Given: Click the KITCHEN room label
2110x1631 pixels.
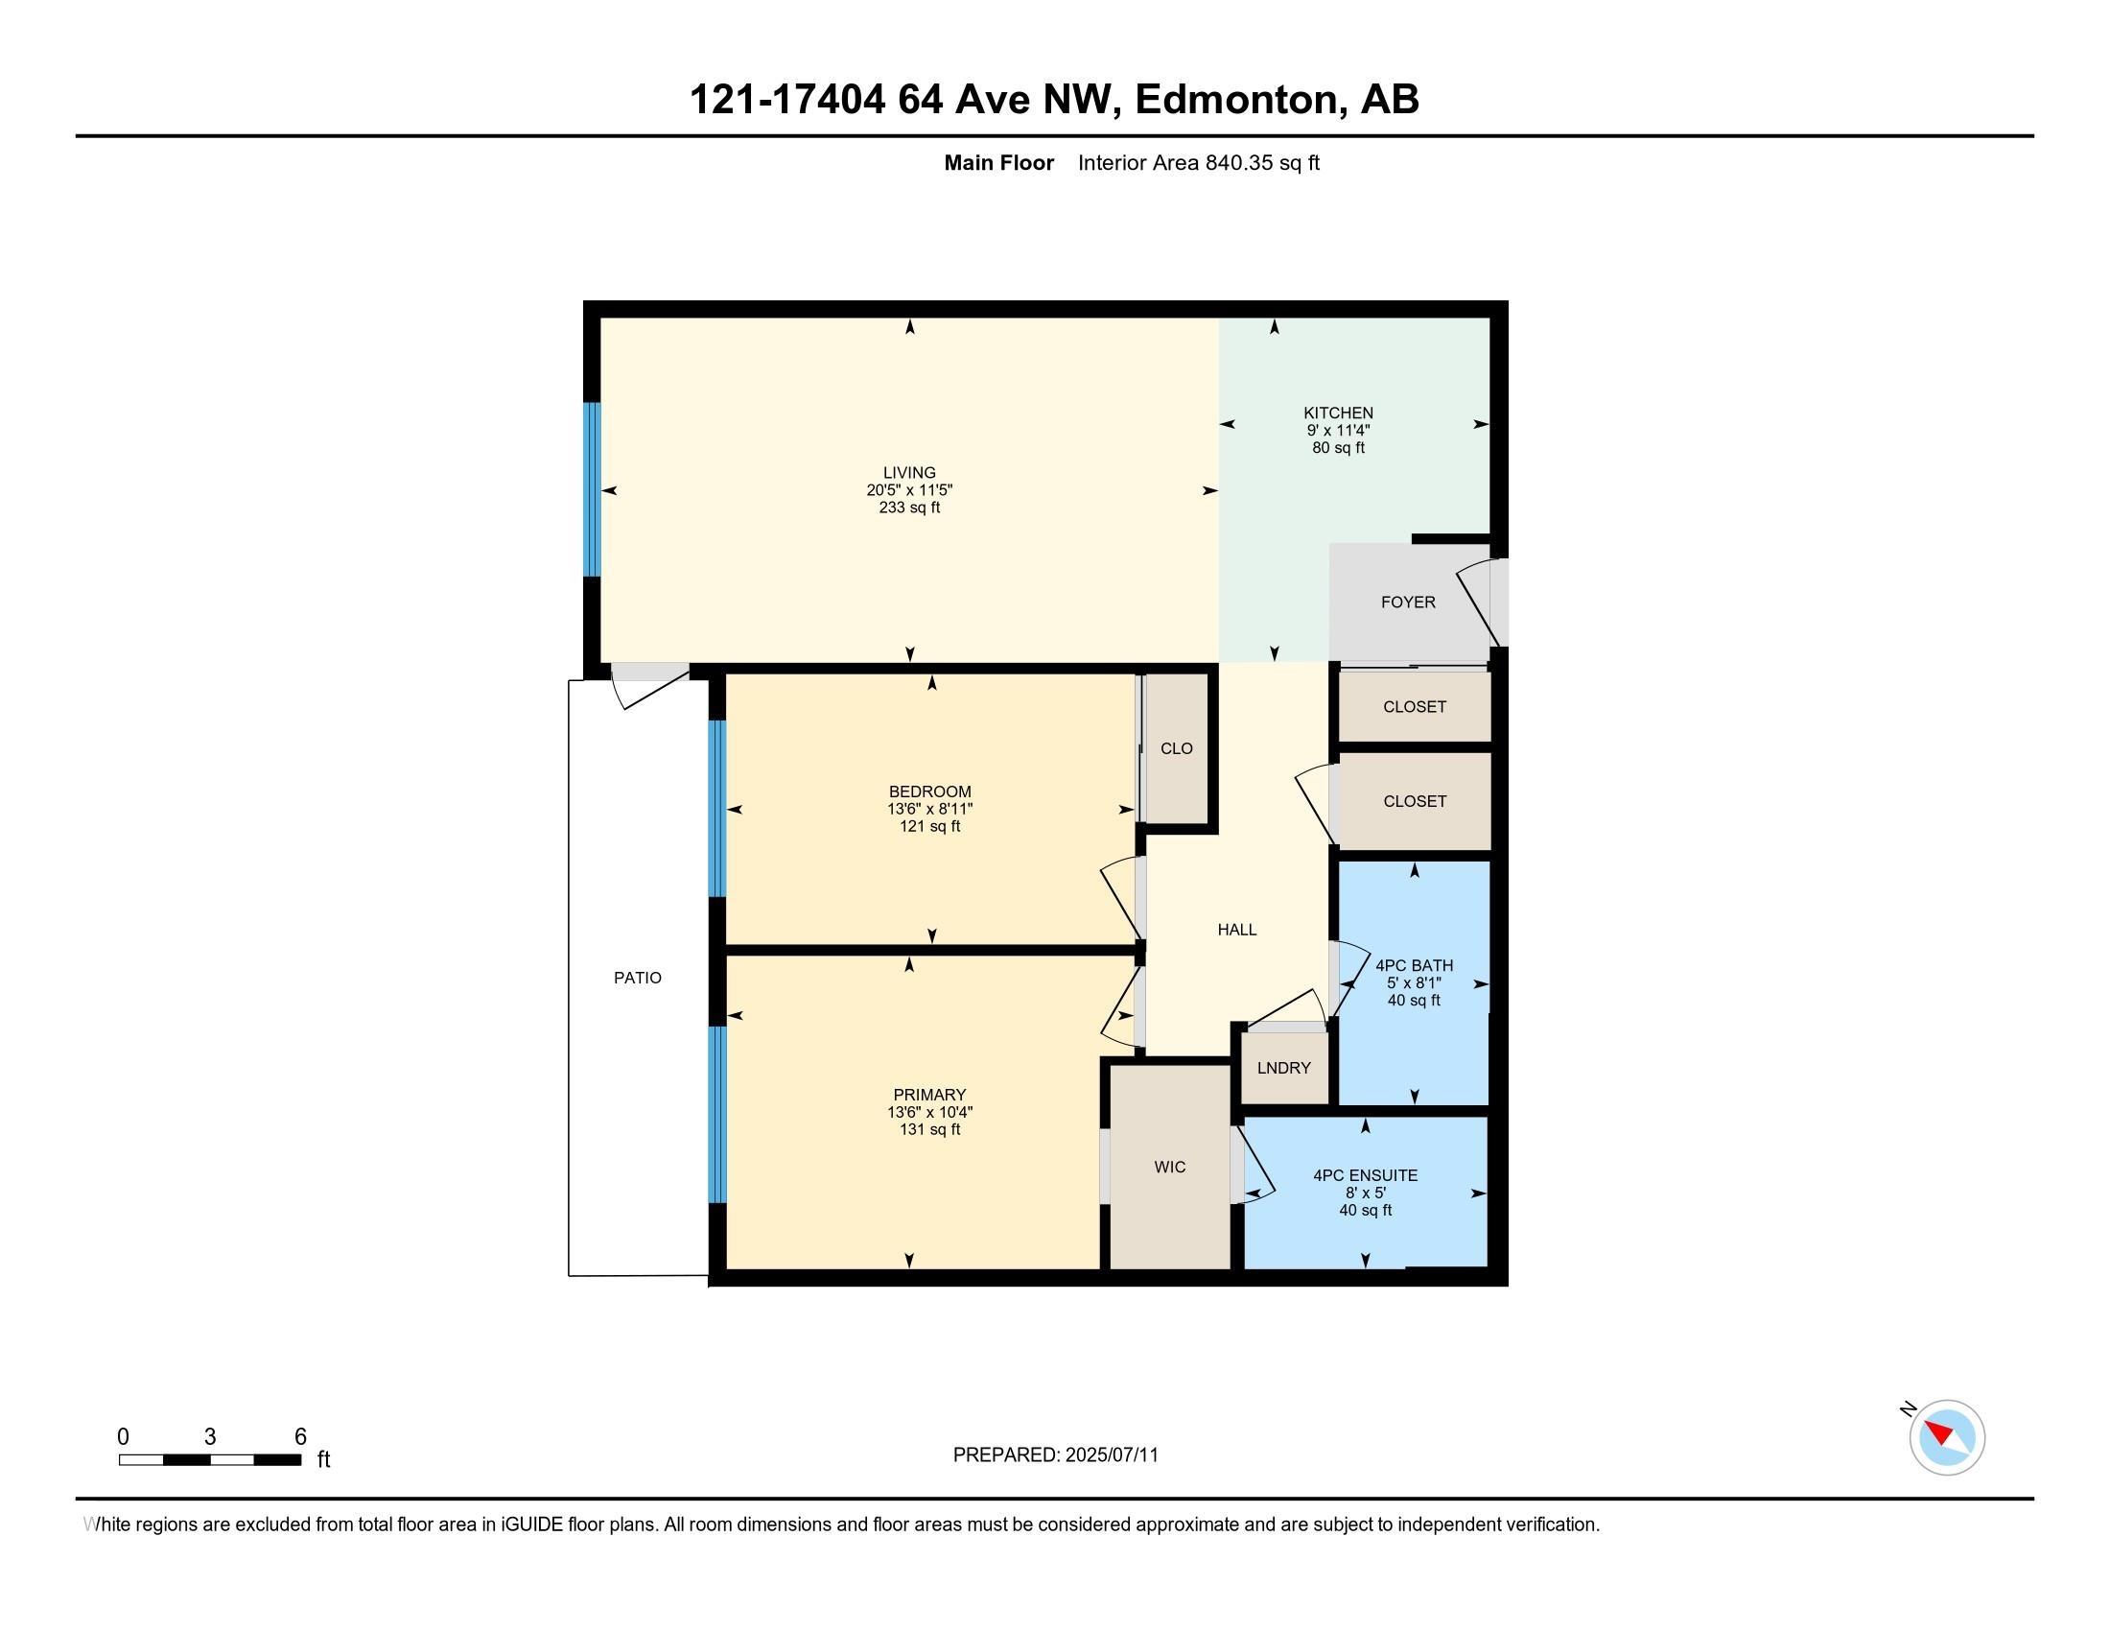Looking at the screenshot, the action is tap(1338, 413).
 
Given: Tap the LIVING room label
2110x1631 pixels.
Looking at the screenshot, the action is tap(909, 472).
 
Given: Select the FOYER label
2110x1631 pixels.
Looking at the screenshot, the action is tap(1408, 602).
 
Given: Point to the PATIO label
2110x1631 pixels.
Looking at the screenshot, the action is tap(638, 978).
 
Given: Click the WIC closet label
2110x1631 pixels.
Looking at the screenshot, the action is tap(1170, 1168).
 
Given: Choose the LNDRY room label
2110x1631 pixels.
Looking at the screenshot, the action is tap(1284, 1068).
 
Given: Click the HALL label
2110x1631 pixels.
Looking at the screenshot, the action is tap(1236, 930).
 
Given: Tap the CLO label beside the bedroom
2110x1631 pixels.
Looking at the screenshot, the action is tap(1177, 748).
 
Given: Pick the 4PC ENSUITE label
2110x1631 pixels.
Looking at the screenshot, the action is tap(1365, 1175).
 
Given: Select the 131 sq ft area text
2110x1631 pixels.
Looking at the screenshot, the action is tap(929, 1129).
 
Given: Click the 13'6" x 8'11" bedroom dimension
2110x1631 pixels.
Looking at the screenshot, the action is tap(930, 809).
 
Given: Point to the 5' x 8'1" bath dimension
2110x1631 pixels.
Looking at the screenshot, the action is tap(1415, 982).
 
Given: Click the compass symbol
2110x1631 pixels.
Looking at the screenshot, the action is tap(1947, 1437).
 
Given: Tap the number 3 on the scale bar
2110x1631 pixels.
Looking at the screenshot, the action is tap(210, 1437).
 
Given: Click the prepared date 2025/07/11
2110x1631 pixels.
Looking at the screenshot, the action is tap(1111, 1455).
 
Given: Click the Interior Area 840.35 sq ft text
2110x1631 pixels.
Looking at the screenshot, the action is tap(1198, 162).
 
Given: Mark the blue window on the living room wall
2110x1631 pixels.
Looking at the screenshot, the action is tap(591, 489).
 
